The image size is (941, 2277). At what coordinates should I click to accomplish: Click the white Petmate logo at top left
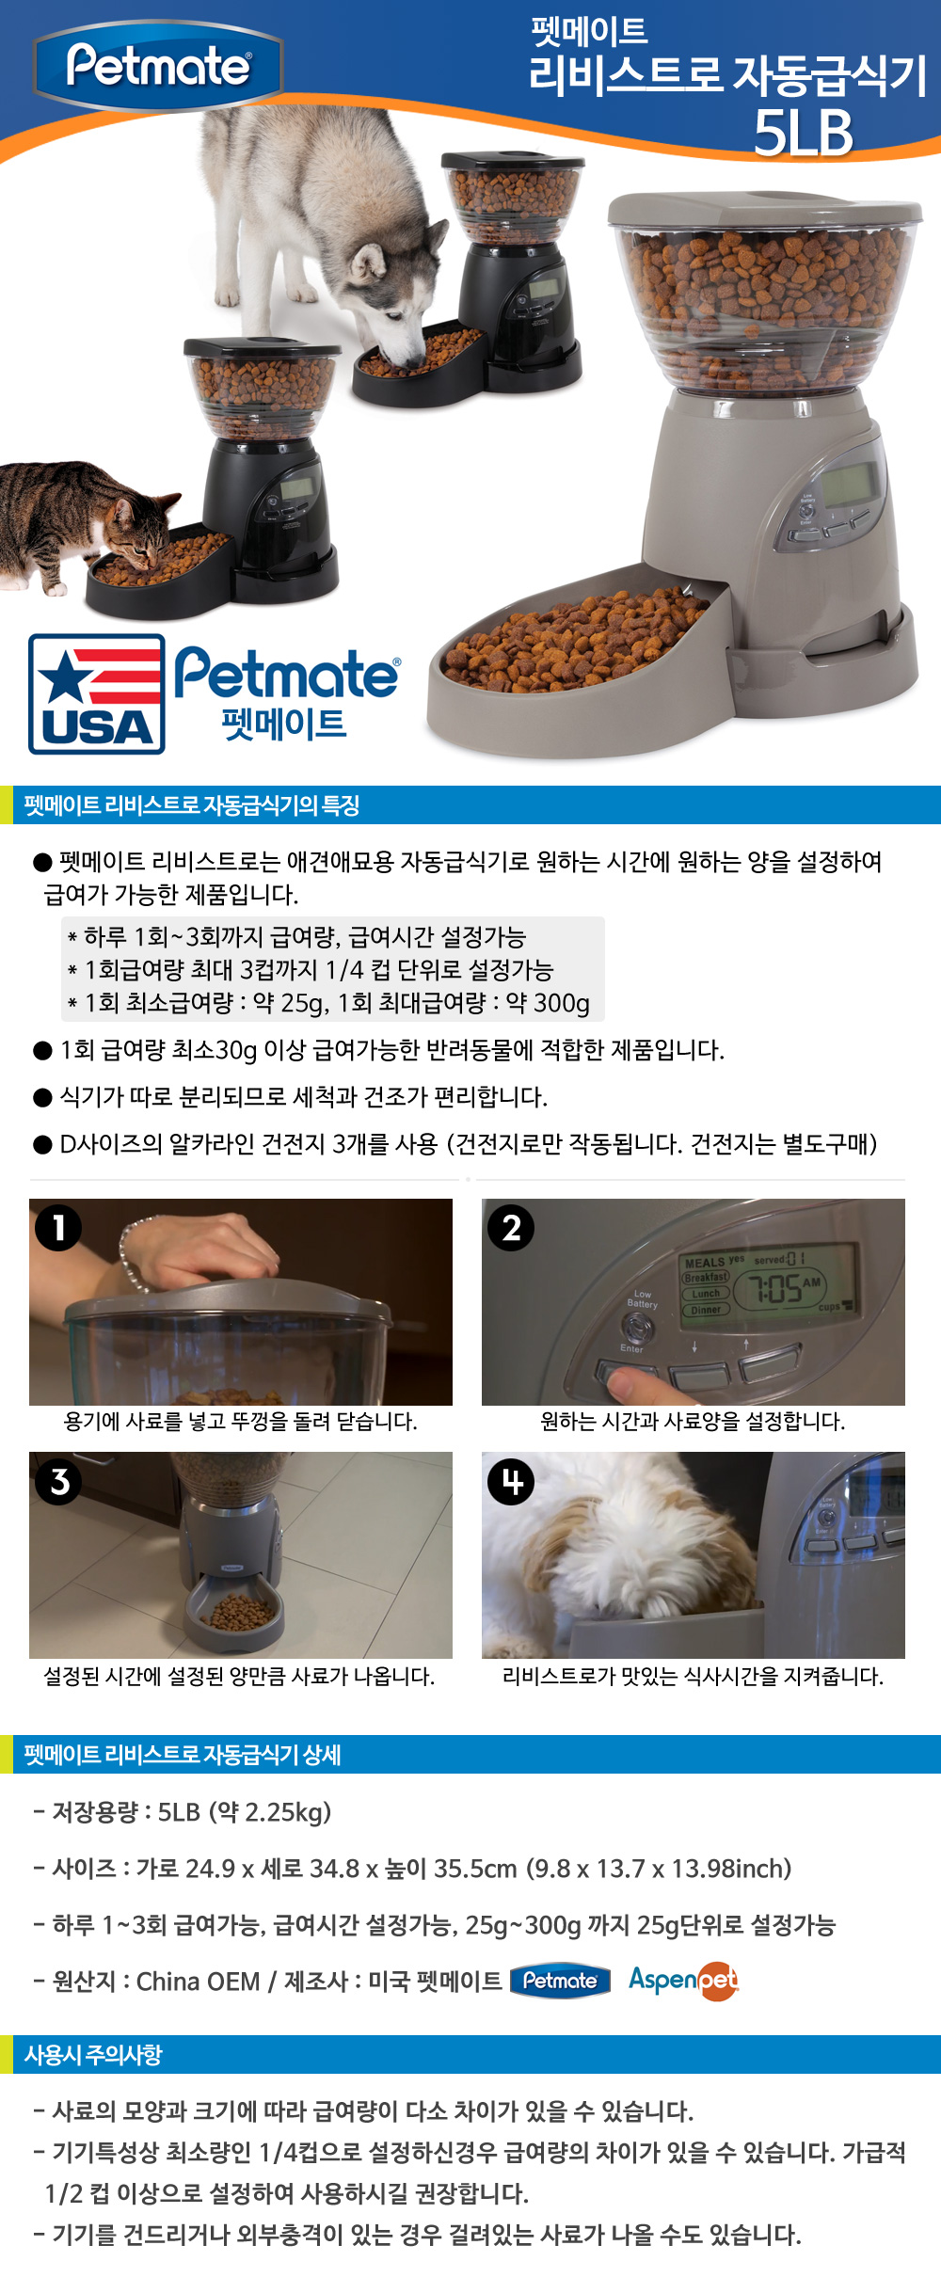tap(158, 66)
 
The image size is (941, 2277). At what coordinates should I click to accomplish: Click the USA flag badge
tap(97, 693)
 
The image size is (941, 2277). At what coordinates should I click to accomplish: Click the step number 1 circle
tap(58, 1228)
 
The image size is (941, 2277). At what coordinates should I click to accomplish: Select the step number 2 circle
tap(511, 1228)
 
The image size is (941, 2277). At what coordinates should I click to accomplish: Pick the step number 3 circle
tap(58, 1482)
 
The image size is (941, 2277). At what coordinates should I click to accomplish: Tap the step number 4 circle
tap(511, 1482)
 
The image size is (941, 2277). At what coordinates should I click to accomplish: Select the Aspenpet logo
tap(684, 1981)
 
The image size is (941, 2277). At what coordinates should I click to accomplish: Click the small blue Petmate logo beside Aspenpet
tap(560, 1981)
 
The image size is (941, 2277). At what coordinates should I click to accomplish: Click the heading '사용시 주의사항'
tap(93, 2055)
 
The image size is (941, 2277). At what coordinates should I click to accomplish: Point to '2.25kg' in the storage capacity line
tap(283, 1812)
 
